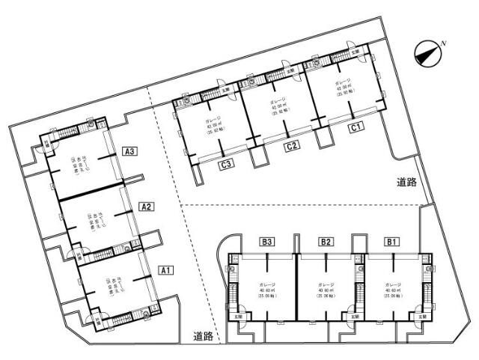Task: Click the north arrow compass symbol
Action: click(427, 52)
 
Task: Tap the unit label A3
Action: click(130, 151)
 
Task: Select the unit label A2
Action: click(147, 207)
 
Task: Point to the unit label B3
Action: click(267, 242)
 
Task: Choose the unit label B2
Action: click(326, 242)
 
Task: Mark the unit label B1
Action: click(392, 242)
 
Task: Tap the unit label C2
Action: click(292, 147)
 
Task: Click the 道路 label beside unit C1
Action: click(408, 182)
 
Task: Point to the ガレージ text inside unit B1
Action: click(394, 285)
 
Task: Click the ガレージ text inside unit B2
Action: click(326, 285)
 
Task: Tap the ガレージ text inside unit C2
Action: click(278, 100)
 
